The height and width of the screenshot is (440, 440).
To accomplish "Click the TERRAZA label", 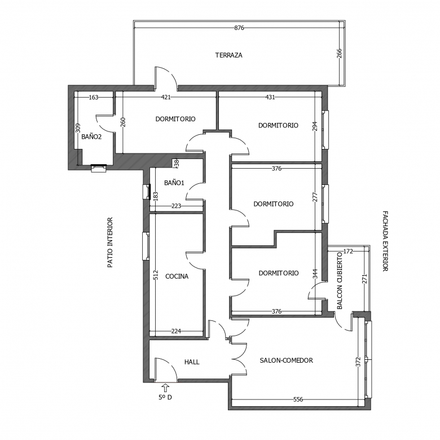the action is point(228,55).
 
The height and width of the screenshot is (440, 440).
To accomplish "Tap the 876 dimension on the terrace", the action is point(239,28).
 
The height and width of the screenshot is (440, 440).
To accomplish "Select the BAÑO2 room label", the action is point(91,137).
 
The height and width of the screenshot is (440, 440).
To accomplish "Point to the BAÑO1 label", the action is point(174,183).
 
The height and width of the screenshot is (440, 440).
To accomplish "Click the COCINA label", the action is point(177,276).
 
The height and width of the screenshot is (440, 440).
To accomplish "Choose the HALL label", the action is point(192,362).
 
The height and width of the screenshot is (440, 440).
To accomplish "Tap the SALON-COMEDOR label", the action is point(286,360).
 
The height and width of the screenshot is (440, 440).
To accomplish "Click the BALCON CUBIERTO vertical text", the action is point(340,280).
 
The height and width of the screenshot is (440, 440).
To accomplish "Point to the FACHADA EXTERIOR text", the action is point(385,241).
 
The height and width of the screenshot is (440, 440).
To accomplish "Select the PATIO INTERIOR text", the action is point(110,243).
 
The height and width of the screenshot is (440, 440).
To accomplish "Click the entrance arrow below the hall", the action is point(165,388).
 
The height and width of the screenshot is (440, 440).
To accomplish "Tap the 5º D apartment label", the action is point(165,397).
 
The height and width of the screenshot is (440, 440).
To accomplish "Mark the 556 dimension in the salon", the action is point(298,399).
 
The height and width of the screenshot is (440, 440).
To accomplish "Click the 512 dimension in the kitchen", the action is point(156,275).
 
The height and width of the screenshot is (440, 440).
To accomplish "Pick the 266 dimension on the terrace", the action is point(339,54).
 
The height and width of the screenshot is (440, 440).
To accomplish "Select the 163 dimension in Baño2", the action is point(94,98).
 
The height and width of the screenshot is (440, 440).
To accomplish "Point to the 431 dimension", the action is point(270,97).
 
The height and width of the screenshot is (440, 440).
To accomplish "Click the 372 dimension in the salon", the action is point(358,362).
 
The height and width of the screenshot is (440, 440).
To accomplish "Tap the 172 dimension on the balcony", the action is point(348,252).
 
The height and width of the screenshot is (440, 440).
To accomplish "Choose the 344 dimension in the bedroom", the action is point(315,274).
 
